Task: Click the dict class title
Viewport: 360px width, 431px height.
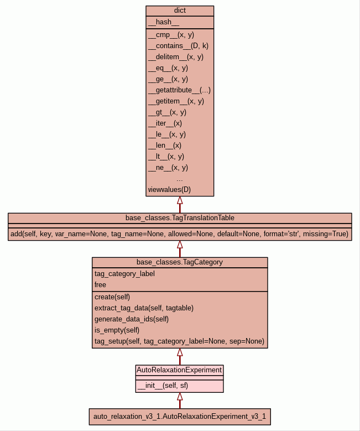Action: pos(180,11)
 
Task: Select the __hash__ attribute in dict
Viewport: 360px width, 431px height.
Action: pos(164,22)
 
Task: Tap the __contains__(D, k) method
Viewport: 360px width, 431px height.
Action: pos(178,45)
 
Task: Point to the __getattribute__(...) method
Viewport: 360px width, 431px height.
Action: pos(179,90)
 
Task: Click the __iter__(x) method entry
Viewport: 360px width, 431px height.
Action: pos(165,123)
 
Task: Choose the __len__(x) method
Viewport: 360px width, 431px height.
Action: pos(165,145)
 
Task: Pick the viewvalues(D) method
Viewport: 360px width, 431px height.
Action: pos(169,189)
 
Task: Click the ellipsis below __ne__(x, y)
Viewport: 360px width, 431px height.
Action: pos(180,179)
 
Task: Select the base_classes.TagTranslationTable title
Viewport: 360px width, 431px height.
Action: pos(180,217)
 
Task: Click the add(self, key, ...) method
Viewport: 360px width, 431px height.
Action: pos(180,234)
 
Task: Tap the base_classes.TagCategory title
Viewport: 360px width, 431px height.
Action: pos(180,262)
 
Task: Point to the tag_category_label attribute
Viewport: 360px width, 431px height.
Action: pos(124,273)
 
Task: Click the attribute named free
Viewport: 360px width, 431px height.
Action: pos(100,284)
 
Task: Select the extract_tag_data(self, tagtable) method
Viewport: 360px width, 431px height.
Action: pos(144,308)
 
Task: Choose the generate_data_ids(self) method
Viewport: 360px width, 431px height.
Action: pos(132,319)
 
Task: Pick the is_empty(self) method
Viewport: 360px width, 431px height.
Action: pos(117,330)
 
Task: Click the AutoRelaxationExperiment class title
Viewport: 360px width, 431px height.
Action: pos(180,370)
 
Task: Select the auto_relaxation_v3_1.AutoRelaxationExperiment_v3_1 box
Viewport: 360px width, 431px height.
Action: pos(180,416)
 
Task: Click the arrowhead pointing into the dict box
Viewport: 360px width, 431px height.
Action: pos(180,200)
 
